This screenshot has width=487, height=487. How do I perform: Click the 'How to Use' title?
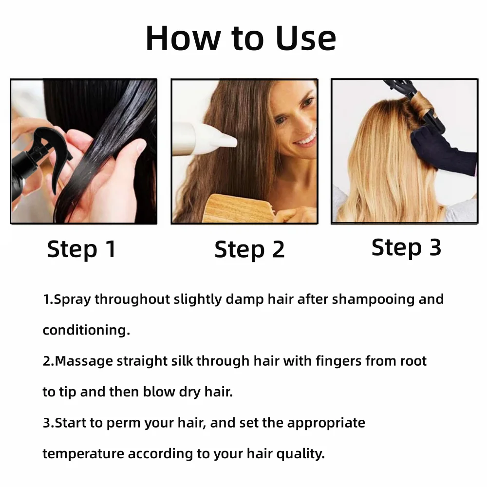pos(241,38)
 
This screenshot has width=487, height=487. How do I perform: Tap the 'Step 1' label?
pos(81,249)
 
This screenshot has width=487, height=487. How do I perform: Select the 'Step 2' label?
pos(249,249)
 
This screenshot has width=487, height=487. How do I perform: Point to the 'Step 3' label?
pos(406,247)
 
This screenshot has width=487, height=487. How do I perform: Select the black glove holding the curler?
pos(441,149)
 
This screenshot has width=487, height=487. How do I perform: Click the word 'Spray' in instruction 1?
pos(72,299)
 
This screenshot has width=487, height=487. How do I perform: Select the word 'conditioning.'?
pos(86,330)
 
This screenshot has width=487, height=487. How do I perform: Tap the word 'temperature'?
pos(83,454)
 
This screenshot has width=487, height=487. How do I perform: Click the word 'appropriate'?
pos(326,423)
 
